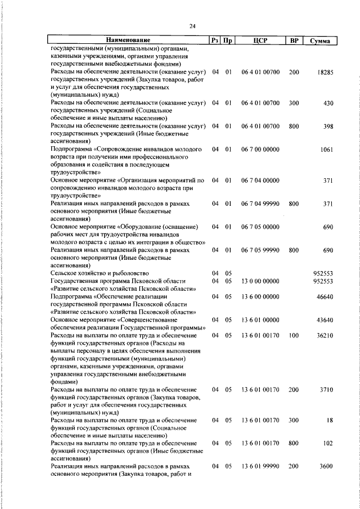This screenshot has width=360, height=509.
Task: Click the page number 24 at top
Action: pos(192,26)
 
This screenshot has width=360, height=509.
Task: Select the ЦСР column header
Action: pos(259,40)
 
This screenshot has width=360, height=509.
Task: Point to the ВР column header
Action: pos(293,40)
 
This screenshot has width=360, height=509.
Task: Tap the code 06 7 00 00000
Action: pos(259,150)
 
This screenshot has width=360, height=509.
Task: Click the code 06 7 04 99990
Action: pos(259,203)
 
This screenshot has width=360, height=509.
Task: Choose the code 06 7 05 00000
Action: pos(259,227)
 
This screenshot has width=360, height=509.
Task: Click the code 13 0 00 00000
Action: pos(259,281)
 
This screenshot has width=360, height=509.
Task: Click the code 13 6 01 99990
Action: pos(259,466)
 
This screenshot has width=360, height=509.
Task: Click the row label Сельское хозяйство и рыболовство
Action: pos(98,273)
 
